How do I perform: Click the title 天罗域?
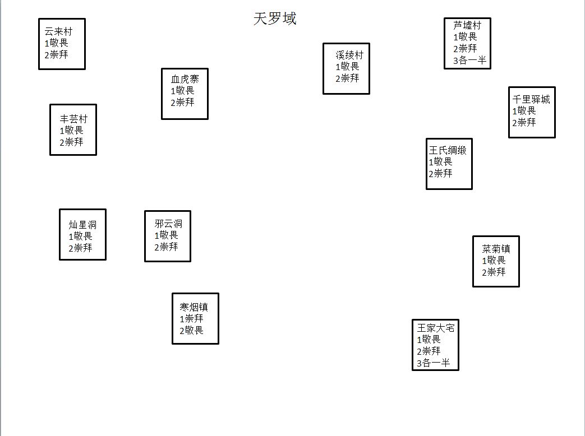click(x=275, y=19)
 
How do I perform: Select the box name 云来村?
click(x=58, y=31)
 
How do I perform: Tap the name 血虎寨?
click(x=185, y=78)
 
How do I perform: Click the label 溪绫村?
click(x=349, y=55)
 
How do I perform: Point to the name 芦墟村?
click(x=467, y=25)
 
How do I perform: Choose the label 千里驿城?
click(x=531, y=99)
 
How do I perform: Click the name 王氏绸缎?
click(x=448, y=150)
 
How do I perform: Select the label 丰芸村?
click(x=73, y=119)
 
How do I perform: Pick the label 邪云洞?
click(x=168, y=224)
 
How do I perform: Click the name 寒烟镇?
click(x=194, y=307)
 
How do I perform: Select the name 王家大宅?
click(x=435, y=328)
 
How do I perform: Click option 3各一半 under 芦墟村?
click(x=469, y=61)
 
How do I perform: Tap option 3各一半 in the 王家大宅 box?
click(x=433, y=363)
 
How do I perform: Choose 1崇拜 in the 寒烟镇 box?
click(x=191, y=319)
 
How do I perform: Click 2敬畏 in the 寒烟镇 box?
click(x=191, y=331)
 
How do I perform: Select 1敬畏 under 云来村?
click(x=56, y=43)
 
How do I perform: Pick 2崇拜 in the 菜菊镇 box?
click(x=494, y=272)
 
